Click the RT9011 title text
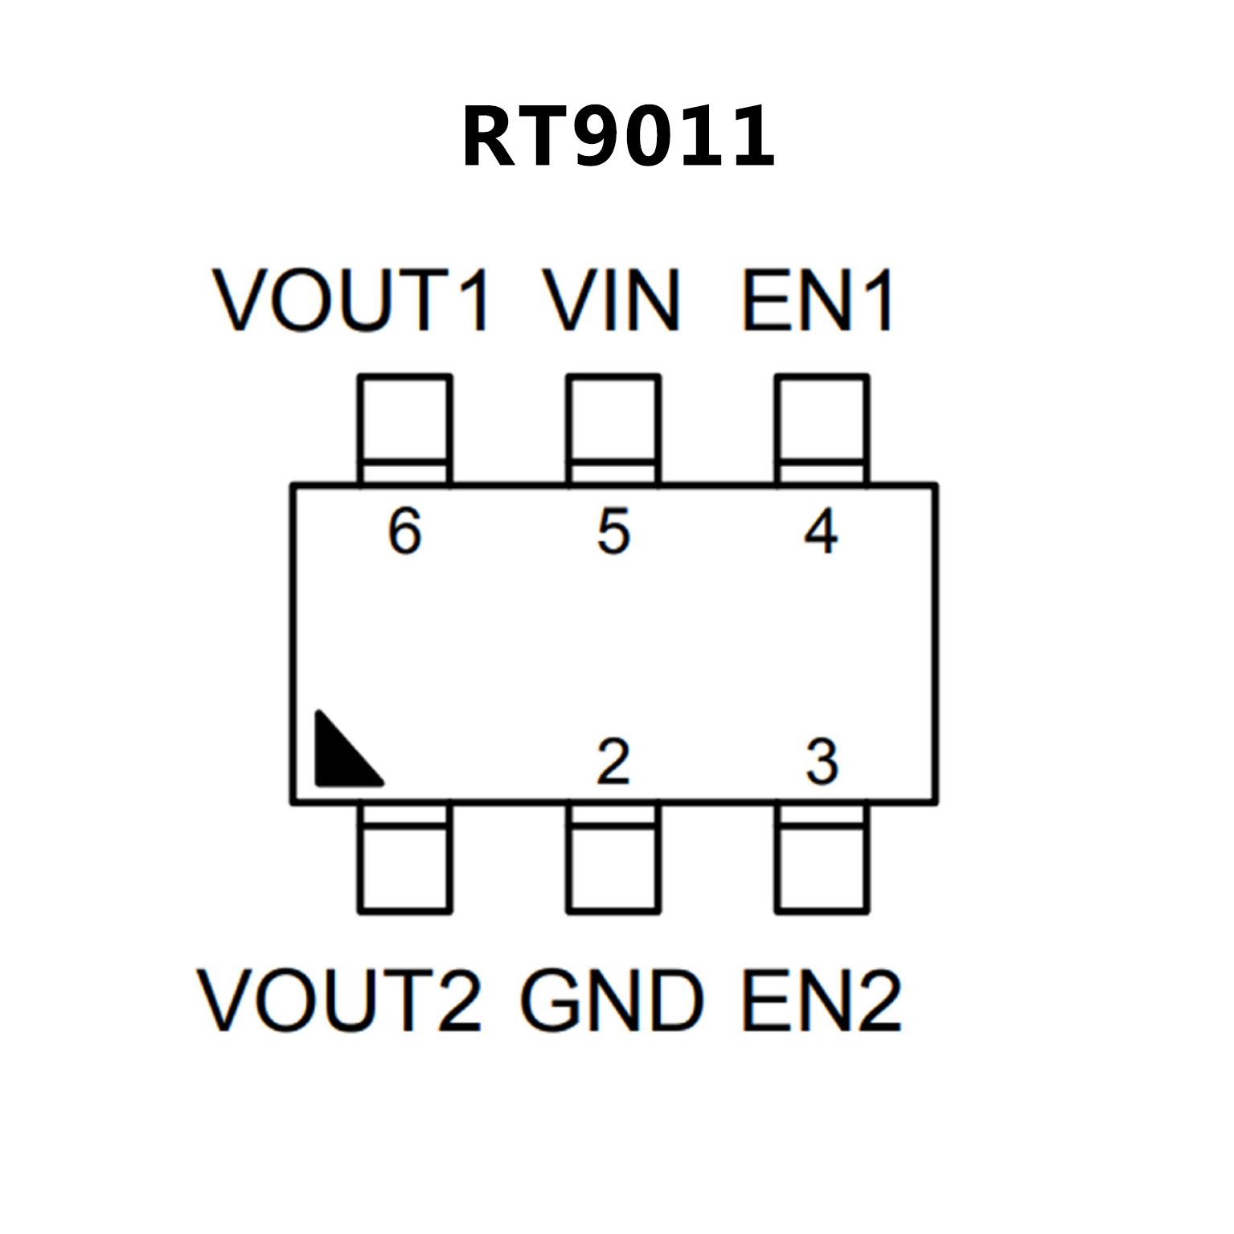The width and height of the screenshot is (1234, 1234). [x=617, y=137]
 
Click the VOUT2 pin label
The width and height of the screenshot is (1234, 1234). [x=339, y=1000]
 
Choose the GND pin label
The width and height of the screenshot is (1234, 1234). [x=612, y=1000]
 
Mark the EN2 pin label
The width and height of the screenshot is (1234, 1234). [x=821, y=1000]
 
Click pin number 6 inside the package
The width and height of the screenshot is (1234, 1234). [x=404, y=531]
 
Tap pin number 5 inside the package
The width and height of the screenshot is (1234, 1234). [x=613, y=531]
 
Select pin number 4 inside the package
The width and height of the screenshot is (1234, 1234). [x=821, y=531]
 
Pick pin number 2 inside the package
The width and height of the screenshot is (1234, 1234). [x=613, y=761]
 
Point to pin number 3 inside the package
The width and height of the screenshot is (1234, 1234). [x=822, y=761]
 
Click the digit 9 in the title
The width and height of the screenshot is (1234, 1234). [x=601, y=137]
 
